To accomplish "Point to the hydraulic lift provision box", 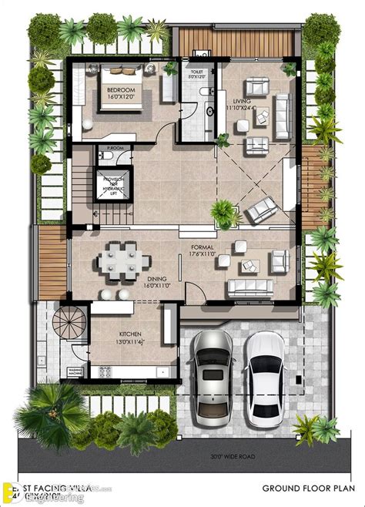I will (x=113, y=187).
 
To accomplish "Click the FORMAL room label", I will (x=202, y=248).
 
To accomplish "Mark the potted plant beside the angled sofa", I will (x=223, y=209).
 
